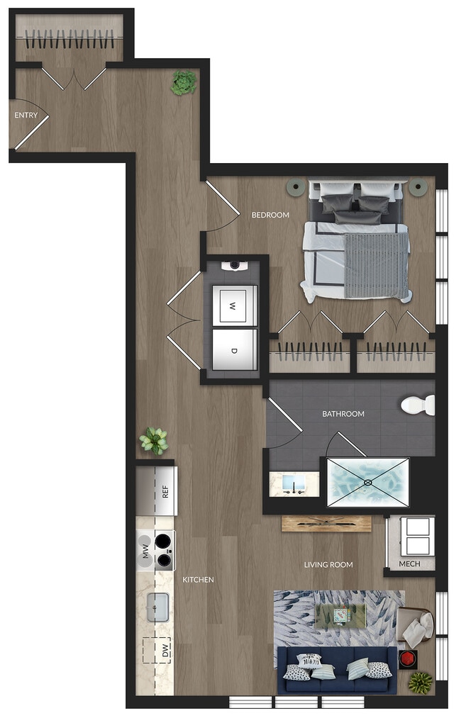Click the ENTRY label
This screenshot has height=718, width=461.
coord(26,115)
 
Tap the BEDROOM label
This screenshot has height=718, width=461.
coord(270,215)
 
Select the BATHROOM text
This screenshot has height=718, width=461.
coord(343,414)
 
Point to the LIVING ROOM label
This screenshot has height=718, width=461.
coord(328,565)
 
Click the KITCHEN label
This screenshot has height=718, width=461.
coord(198,580)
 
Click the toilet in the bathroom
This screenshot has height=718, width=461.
coord(418,405)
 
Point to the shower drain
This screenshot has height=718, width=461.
coord(367,483)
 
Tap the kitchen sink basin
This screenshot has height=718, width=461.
coord(157,607)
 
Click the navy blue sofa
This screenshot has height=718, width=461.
coord(337,670)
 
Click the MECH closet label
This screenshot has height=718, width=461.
coord(409,564)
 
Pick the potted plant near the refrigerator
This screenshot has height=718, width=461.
coord(153,441)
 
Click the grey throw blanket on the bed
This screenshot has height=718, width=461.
coord(377,265)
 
